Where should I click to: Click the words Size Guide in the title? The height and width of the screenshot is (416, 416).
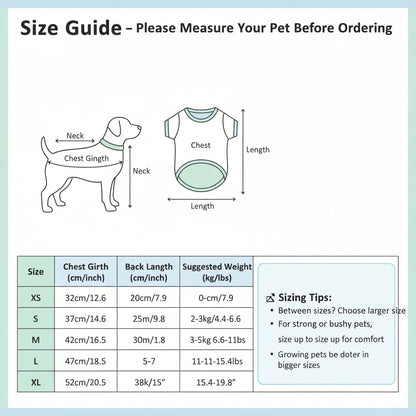[x=71, y=28]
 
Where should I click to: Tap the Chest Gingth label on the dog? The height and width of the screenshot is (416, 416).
[x=86, y=158]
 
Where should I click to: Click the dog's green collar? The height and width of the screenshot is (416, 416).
[x=112, y=144]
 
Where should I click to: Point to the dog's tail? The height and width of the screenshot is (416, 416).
[x=45, y=145]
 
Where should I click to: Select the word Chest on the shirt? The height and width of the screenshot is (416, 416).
[x=201, y=145]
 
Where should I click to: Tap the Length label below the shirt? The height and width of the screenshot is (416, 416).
[x=202, y=206]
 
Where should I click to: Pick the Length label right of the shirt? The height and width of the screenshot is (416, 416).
[x=258, y=150]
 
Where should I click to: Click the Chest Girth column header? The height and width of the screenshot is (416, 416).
[x=86, y=272]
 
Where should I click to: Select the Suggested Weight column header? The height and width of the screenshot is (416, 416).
[x=217, y=272]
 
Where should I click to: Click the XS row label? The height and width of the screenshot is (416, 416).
[x=36, y=297]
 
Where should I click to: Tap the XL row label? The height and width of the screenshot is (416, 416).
[x=36, y=382]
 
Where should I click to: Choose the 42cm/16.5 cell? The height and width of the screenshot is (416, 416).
[x=86, y=340]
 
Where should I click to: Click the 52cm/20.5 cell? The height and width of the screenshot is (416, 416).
[x=86, y=382]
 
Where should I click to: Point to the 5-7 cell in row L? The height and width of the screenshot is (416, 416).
[x=149, y=361]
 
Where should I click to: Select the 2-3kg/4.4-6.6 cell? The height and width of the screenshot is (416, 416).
[x=216, y=319]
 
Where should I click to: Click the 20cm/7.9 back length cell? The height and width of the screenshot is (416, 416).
[x=148, y=297]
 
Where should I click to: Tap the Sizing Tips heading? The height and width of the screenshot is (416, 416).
[x=305, y=297]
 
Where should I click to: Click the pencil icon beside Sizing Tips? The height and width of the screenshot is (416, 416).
[x=271, y=298]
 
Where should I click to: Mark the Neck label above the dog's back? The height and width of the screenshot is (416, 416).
[x=75, y=136]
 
